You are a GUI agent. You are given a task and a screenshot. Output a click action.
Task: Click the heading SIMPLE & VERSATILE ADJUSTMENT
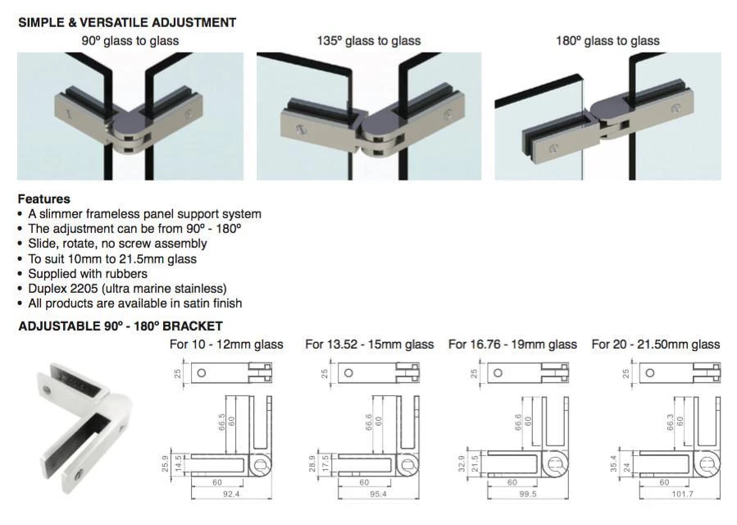[127, 23]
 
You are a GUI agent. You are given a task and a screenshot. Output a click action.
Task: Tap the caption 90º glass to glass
[130, 41]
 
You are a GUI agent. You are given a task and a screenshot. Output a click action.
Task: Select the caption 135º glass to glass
[369, 41]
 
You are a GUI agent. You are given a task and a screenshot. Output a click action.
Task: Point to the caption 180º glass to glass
[607, 41]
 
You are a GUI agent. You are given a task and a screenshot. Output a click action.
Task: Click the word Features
[44, 199]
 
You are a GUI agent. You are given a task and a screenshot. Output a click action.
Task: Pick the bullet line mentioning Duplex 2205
[127, 288]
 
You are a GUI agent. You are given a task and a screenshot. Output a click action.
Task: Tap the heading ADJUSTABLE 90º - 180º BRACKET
[121, 326]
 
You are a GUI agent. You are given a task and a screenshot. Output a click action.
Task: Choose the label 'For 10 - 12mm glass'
[226, 345]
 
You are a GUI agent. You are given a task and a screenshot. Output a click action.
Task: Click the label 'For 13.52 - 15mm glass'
[369, 345]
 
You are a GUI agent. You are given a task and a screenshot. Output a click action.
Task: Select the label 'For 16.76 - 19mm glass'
[512, 345]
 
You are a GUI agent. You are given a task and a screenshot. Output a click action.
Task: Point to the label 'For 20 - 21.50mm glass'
[656, 345]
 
